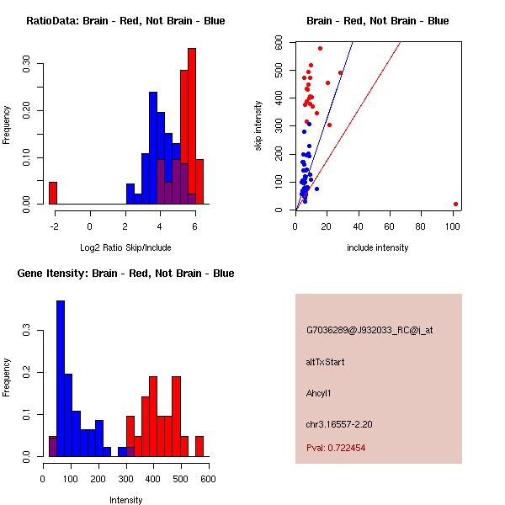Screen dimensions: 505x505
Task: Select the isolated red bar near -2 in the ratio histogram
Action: click(53, 193)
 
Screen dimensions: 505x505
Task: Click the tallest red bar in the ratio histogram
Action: click(192, 126)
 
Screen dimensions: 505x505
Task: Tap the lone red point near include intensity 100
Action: click(455, 204)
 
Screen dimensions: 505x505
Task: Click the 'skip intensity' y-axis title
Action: click(259, 126)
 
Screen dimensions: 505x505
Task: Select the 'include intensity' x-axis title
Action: click(378, 247)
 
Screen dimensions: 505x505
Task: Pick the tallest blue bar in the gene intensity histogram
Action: click(61, 379)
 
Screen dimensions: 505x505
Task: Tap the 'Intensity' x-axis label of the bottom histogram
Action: click(125, 500)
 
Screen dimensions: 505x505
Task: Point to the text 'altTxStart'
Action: click(326, 362)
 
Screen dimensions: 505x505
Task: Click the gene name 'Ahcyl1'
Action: click(321, 393)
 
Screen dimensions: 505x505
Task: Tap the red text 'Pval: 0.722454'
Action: click(336, 449)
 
